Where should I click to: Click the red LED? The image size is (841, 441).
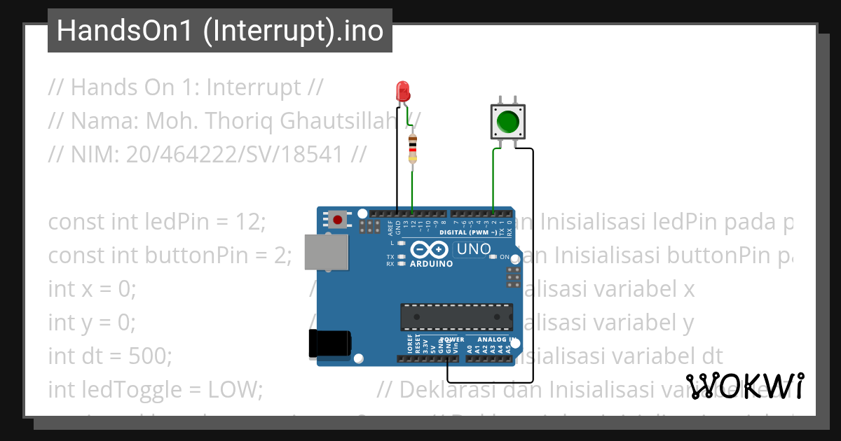403,90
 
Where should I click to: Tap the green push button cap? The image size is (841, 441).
507,122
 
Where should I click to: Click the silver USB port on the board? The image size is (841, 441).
327,252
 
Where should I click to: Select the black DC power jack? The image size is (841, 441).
329,344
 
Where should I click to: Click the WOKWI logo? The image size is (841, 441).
744,386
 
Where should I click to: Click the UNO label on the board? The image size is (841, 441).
474,249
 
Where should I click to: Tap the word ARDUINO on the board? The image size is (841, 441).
432,264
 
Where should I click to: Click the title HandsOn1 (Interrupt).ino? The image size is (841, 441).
219,31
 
